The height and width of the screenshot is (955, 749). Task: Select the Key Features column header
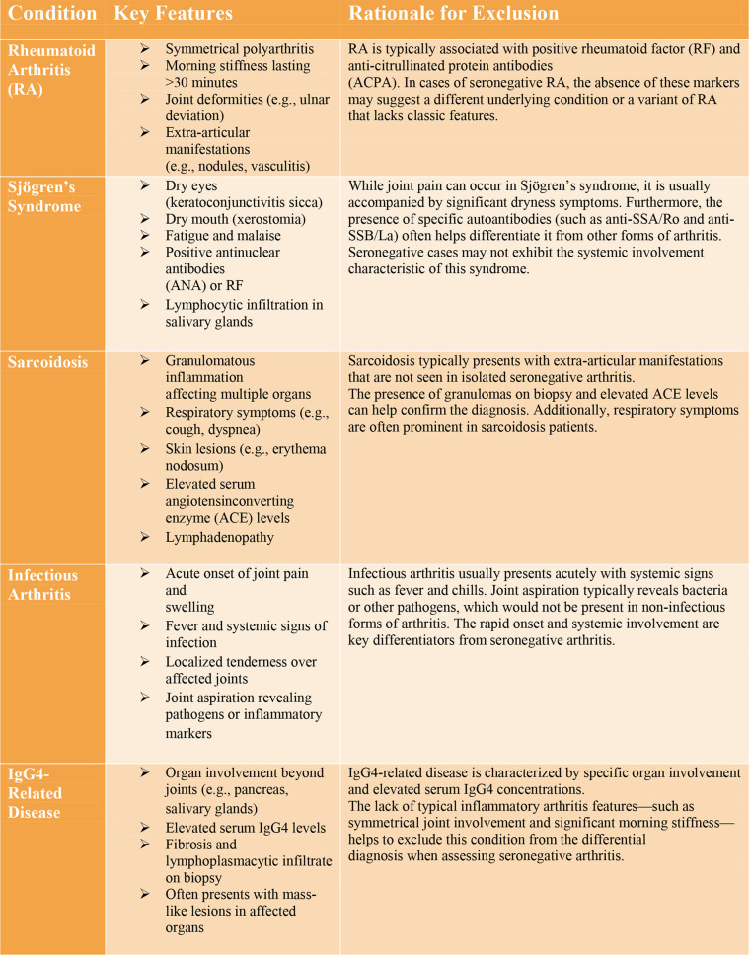[174, 14]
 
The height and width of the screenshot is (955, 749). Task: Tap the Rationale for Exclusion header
[453, 14]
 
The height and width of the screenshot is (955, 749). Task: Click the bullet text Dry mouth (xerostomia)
[235, 219]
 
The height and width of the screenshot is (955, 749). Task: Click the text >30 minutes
[197, 82]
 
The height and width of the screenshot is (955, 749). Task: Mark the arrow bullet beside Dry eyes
[145, 185]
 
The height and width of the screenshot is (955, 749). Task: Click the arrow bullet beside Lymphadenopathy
[145, 538]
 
